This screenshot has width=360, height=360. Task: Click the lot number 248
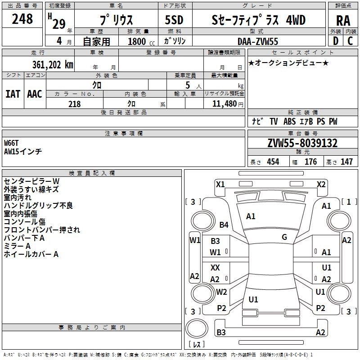point(22,19)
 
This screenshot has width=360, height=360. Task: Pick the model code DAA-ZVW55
point(258,41)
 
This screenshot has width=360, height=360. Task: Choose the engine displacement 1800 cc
point(137,42)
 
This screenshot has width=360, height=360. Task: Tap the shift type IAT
point(13,94)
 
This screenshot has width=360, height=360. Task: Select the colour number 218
point(74,104)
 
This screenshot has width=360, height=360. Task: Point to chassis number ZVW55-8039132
point(302,143)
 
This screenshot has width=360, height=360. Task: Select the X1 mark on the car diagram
point(220,184)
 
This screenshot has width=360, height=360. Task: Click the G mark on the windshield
point(284,237)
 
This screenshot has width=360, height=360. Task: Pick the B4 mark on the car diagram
point(224,225)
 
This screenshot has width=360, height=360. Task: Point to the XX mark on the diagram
point(215,267)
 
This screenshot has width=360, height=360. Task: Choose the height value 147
point(346,162)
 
